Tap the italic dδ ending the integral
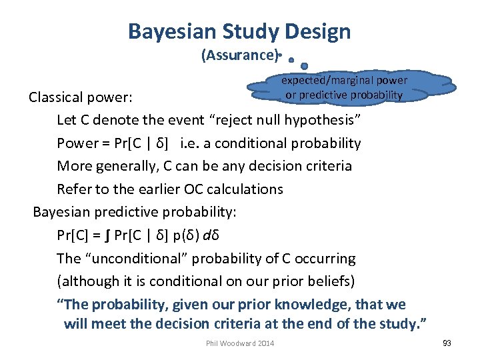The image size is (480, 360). (219, 235)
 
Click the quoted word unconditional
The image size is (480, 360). (140, 259)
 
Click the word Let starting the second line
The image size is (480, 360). (67, 120)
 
